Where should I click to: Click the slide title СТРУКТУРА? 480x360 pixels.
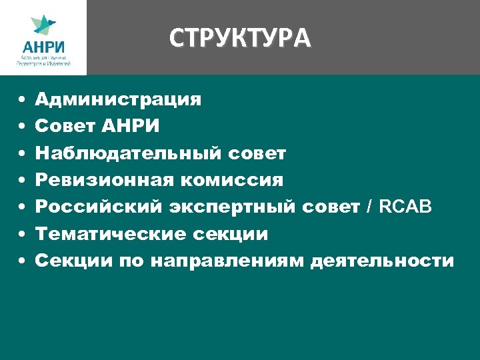[x=240, y=39]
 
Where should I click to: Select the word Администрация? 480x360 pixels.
[x=118, y=100]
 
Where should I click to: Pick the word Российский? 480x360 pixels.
[x=97, y=207]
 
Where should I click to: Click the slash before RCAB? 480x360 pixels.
[x=369, y=207]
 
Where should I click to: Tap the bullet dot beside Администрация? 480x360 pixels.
[x=21, y=101]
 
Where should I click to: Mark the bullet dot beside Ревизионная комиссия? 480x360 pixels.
[x=21, y=181]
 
